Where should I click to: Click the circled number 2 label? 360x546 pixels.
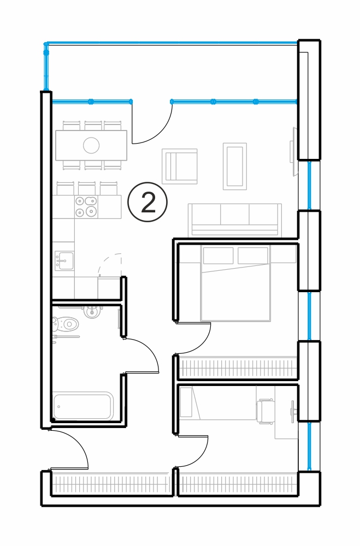click(147, 203)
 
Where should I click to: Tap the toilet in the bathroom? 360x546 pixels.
click(66, 324)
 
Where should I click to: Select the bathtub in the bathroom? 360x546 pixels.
click(83, 406)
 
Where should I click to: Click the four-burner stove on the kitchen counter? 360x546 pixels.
click(86, 206)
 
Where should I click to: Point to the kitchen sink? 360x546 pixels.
click(64, 260)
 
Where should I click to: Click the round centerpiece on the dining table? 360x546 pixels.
click(91, 145)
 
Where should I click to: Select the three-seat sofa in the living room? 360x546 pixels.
click(234, 220)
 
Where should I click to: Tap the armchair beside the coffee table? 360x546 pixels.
click(180, 166)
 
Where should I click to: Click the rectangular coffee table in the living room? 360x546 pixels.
click(235, 167)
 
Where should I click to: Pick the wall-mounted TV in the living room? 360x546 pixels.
click(294, 151)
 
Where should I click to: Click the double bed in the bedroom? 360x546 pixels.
click(235, 283)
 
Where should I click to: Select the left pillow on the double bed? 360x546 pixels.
click(218, 256)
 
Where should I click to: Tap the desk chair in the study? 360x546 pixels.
click(265, 411)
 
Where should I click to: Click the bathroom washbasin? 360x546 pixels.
click(92, 311)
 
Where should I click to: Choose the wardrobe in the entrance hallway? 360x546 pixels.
click(111, 484)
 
